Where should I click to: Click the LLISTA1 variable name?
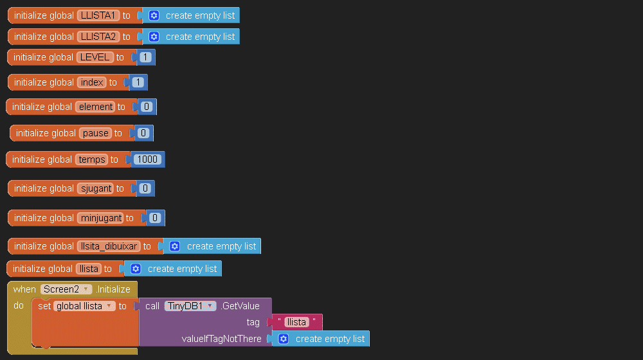98,15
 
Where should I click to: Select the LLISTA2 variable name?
98,37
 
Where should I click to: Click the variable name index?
92,82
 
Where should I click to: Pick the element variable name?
95,107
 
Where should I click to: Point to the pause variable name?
96,133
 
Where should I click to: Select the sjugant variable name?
95,188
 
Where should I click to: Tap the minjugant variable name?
100,218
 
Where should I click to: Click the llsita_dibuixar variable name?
109,246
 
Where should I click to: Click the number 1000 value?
147,159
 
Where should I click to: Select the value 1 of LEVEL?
145,57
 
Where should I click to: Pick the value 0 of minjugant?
155,218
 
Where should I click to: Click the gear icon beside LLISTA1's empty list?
154,15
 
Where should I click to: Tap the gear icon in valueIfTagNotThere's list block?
284,339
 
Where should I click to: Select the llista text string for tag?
296,322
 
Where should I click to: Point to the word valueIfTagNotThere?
221,339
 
